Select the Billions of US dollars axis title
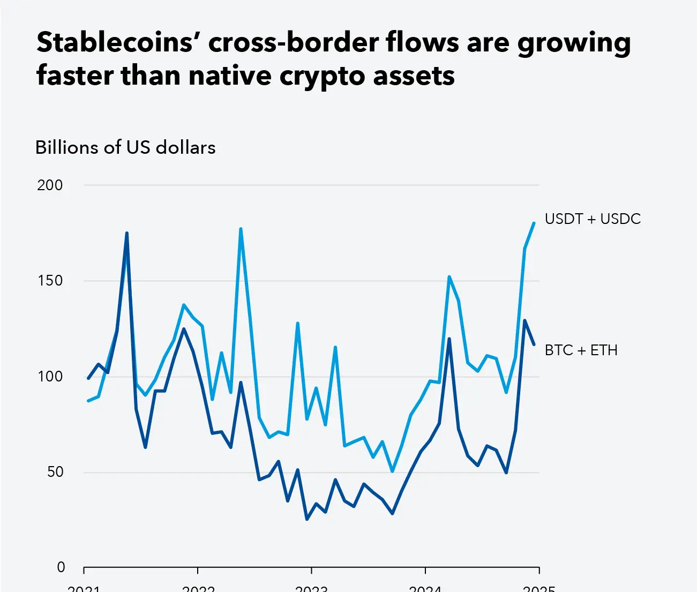125,147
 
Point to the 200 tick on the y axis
50,185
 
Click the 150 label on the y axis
50,281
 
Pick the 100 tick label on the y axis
50,377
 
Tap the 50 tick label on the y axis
55,472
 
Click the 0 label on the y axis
61,567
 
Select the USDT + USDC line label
593,219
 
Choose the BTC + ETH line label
581,350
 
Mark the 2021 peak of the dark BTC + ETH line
126,233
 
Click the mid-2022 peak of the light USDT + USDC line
241,229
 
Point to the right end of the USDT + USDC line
534,223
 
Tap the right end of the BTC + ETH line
534,344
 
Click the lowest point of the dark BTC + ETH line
307,519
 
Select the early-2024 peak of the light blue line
449,276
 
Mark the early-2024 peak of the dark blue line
449,339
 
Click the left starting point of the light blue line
88,401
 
